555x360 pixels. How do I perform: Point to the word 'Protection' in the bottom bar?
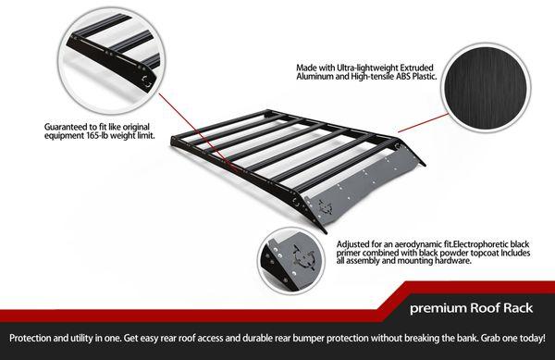(31, 340)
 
